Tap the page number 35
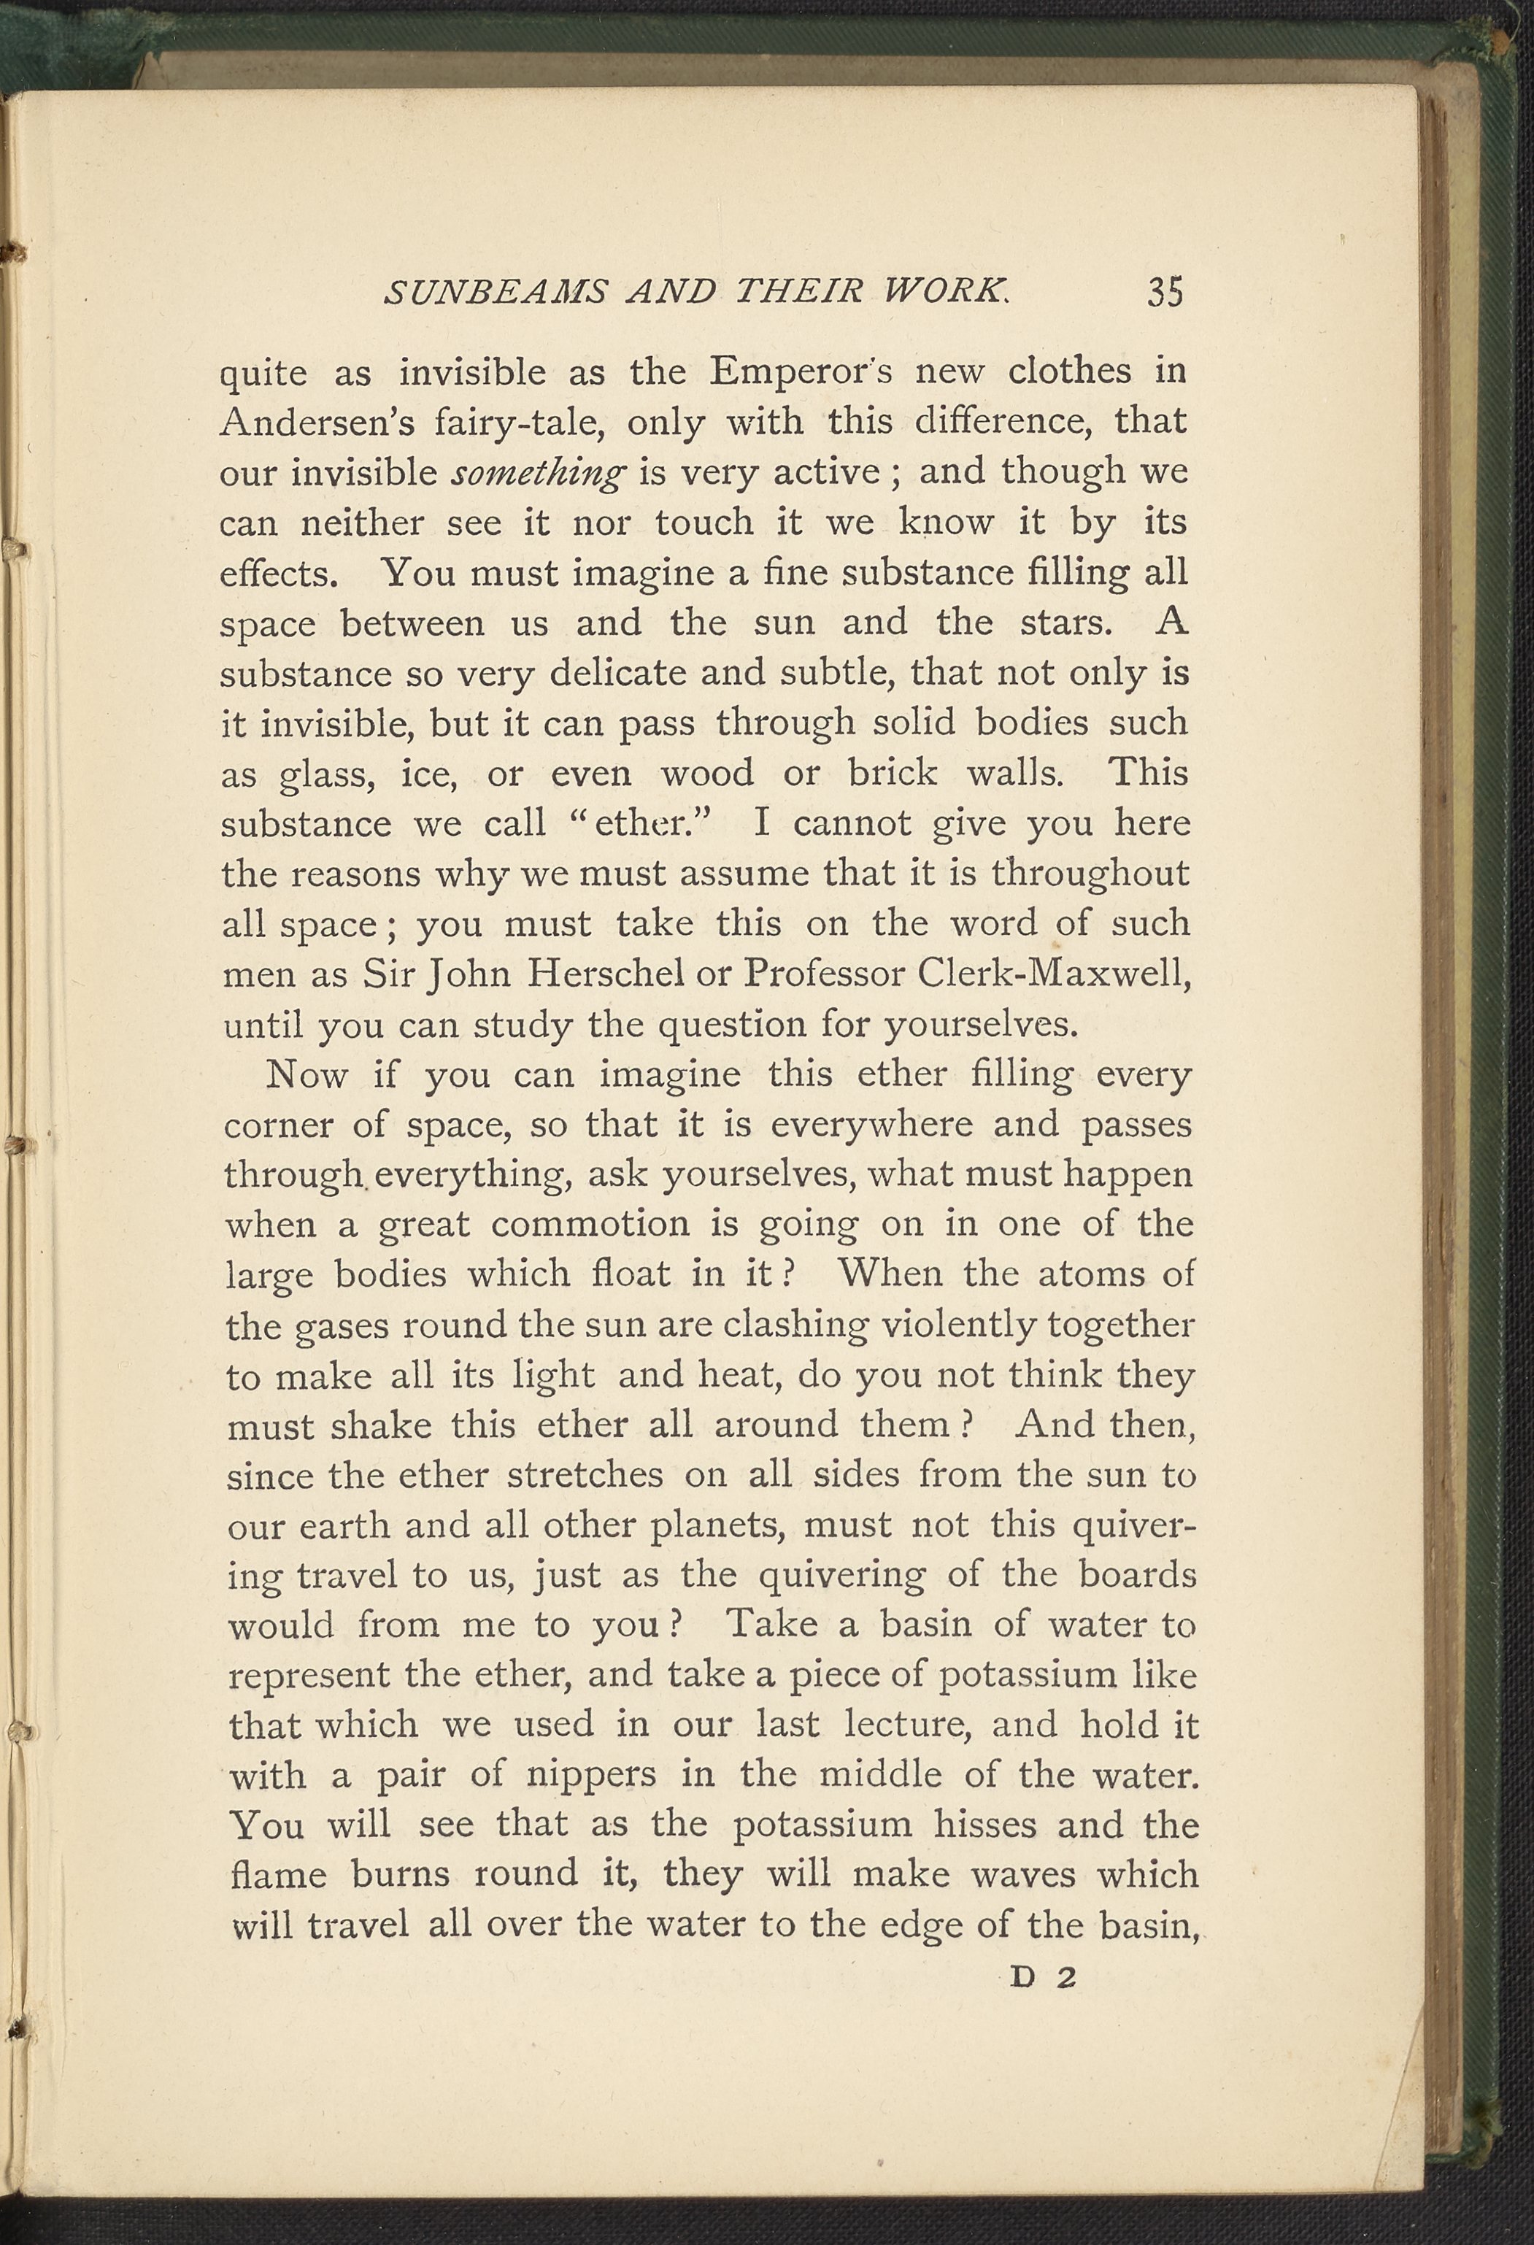[1165, 292]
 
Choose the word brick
[892, 773]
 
